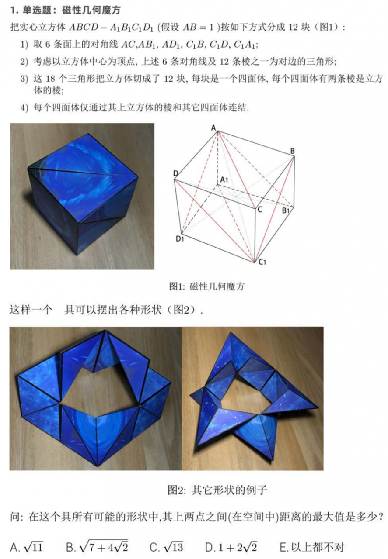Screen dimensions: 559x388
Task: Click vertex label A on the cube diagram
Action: tap(214, 128)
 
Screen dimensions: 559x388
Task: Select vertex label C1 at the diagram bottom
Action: tap(262, 262)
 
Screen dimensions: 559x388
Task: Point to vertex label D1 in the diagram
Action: tap(179, 238)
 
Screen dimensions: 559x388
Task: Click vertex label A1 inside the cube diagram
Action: tap(224, 179)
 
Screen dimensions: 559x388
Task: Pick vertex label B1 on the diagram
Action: tap(286, 211)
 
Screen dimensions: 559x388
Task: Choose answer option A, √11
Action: tap(27, 546)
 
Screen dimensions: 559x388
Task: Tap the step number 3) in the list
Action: tap(24, 78)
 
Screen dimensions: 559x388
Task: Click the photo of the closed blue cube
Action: tap(82, 196)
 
